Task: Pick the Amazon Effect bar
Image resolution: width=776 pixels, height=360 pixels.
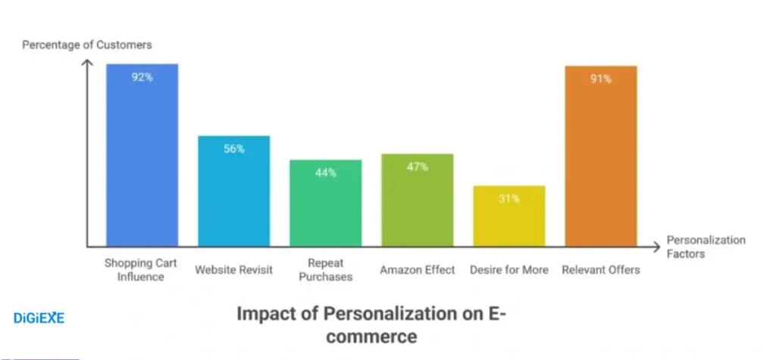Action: pyautogui.click(x=417, y=200)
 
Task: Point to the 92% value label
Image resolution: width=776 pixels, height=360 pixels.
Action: pyautogui.click(x=142, y=77)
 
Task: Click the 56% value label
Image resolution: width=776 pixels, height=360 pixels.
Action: pyautogui.click(x=234, y=149)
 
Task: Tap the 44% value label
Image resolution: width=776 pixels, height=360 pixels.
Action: pyautogui.click(x=326, y=173)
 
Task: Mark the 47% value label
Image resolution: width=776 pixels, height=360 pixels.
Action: pyautogui.click(x=417, y=167)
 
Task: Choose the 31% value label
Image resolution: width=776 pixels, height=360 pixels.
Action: pyautogui.click(x=508, y=199)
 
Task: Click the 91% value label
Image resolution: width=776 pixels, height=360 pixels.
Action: pyautogui.click(x=600, y=79)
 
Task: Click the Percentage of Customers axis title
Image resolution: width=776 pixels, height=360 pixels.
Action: pyautogui.click(x=86, y=45)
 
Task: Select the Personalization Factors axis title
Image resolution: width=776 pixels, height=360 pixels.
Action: pyautogui.click(x=706, y=247)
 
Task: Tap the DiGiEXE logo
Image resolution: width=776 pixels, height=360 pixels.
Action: pyautogui.click(x=39, y=318)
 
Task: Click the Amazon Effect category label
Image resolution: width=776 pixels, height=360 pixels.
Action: pyautogui.click(x=417, y=270)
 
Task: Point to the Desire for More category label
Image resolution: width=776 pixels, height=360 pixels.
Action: pyautogui.click(x=508, y=270)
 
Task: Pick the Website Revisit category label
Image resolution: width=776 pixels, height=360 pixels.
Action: pyautogui.click(x=234, y=270)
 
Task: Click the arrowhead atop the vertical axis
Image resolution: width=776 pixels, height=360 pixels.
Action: pyautogui.click(x=88, y=64)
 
